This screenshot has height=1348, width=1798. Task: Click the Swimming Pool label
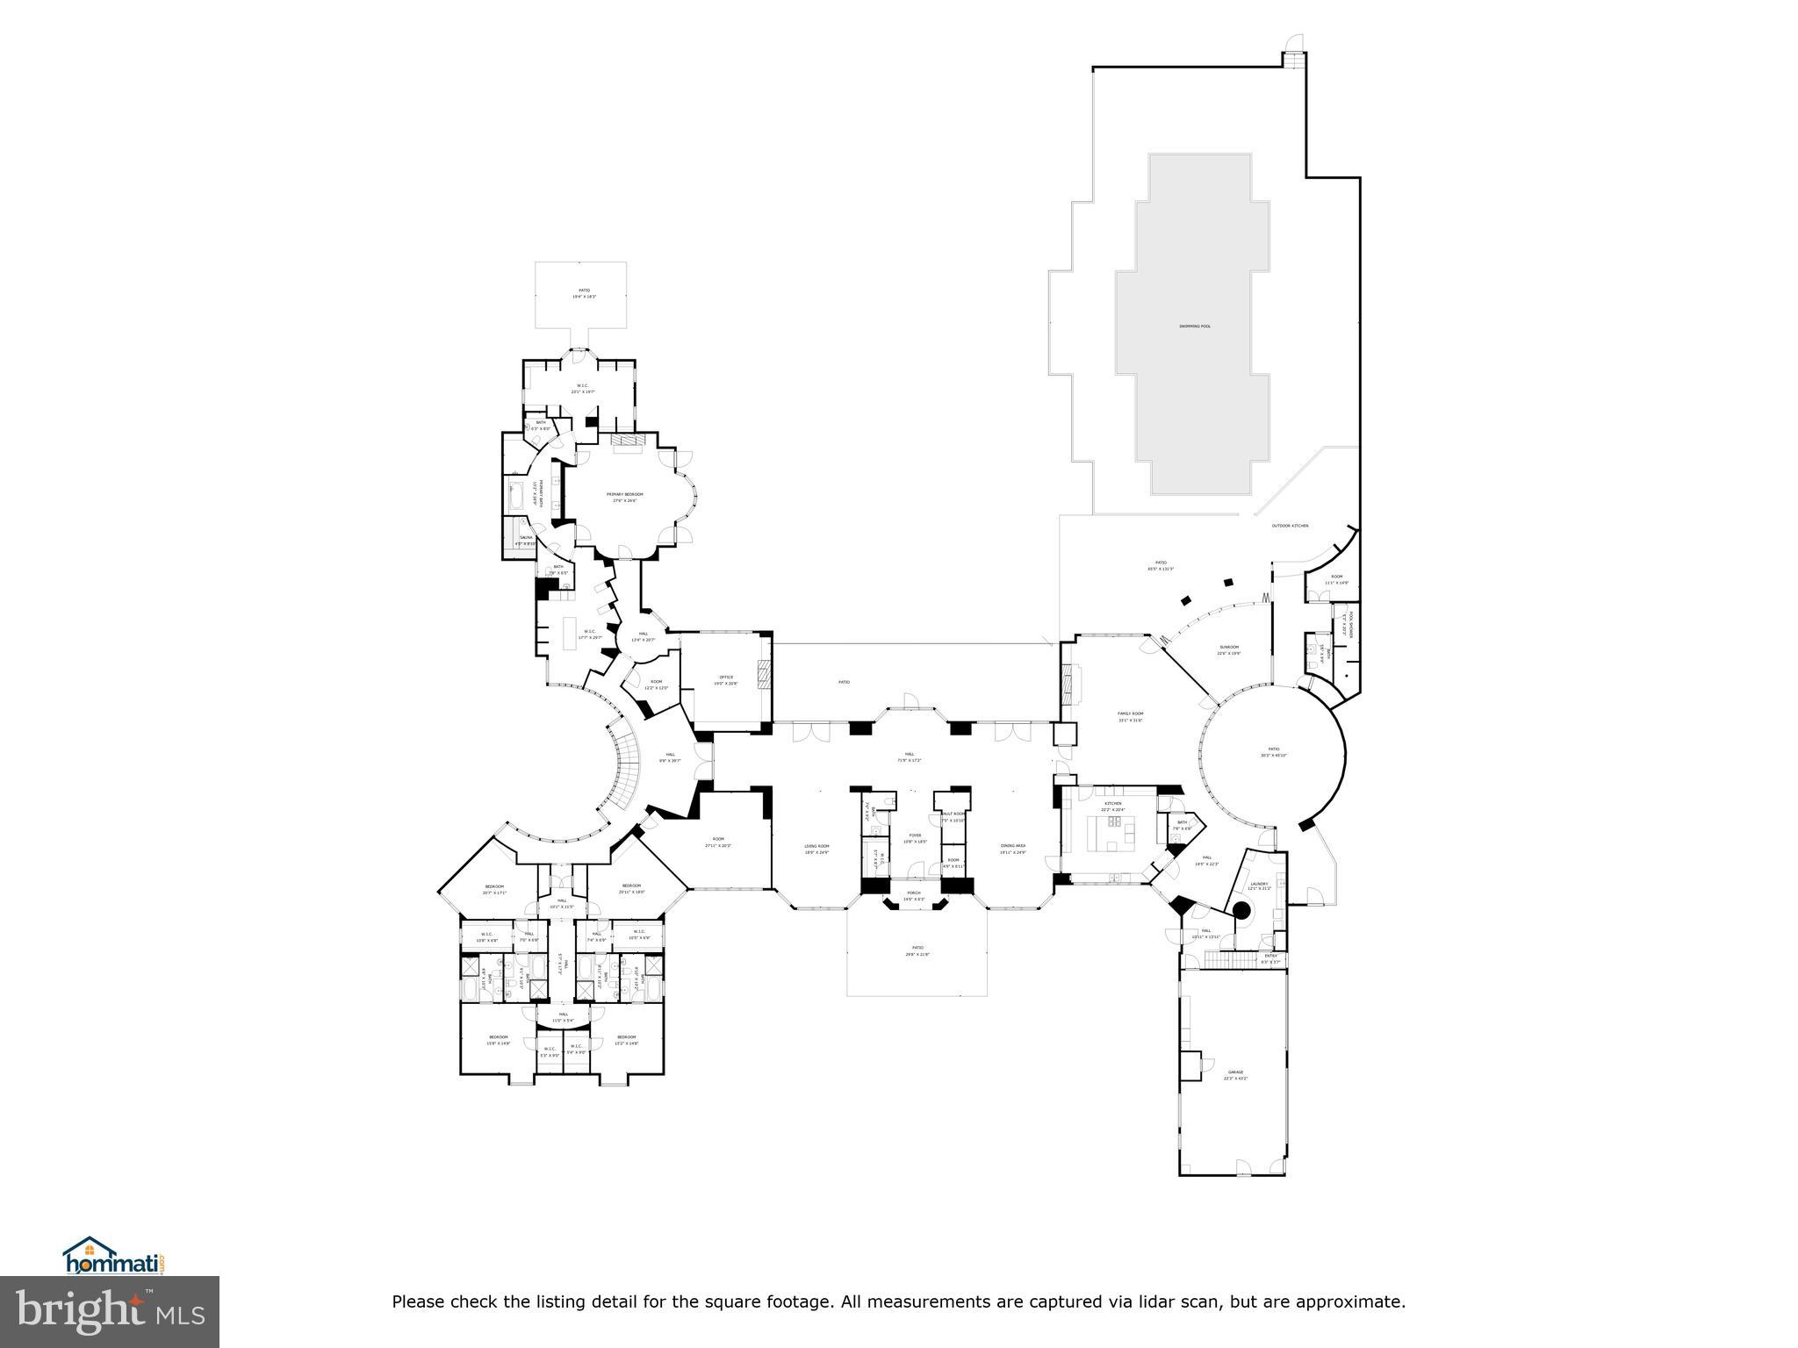tap(1194, 326)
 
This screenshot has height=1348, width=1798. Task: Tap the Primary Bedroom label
tap(624, 495)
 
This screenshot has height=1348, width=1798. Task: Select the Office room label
tap(726, 678)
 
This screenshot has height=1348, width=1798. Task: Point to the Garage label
tap(1235, 1072)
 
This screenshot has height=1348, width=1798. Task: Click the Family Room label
tap(1130, 714)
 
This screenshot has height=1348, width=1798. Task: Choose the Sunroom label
tap(1227, 648)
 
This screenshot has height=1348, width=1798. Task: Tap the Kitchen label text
tap(1112, 804)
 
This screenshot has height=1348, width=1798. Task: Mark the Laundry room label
tap(1259, 885)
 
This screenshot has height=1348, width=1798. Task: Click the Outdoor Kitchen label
tap(1290, 526)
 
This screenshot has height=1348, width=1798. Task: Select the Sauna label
tap(526, 538)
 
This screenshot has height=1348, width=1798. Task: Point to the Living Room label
tap(816, 847)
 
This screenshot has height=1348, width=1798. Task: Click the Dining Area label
tap(1012, 847)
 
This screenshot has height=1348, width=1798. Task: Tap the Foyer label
tap(915, 836)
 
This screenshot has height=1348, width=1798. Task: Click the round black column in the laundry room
tap(1241, 910)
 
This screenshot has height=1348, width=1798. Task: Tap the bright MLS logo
tap(110, 1311)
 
